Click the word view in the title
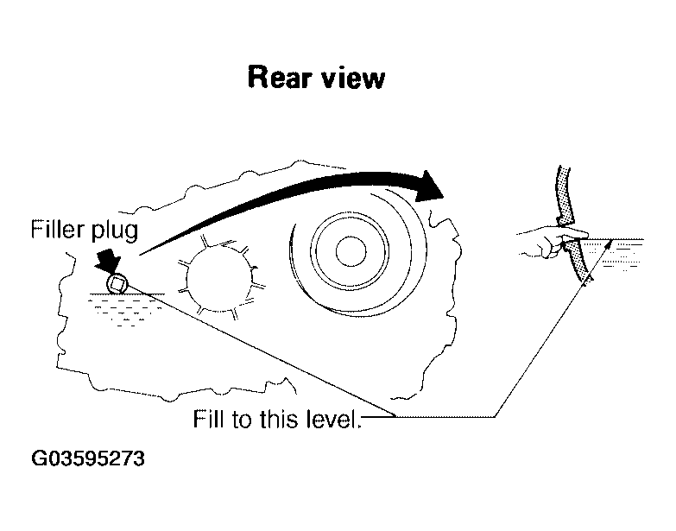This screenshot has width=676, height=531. [x=351, y=79]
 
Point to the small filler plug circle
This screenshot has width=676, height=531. [x=117, y=284]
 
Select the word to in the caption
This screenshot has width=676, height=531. [x=244, y=422]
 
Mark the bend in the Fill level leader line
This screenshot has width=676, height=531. [x=496, y=418]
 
